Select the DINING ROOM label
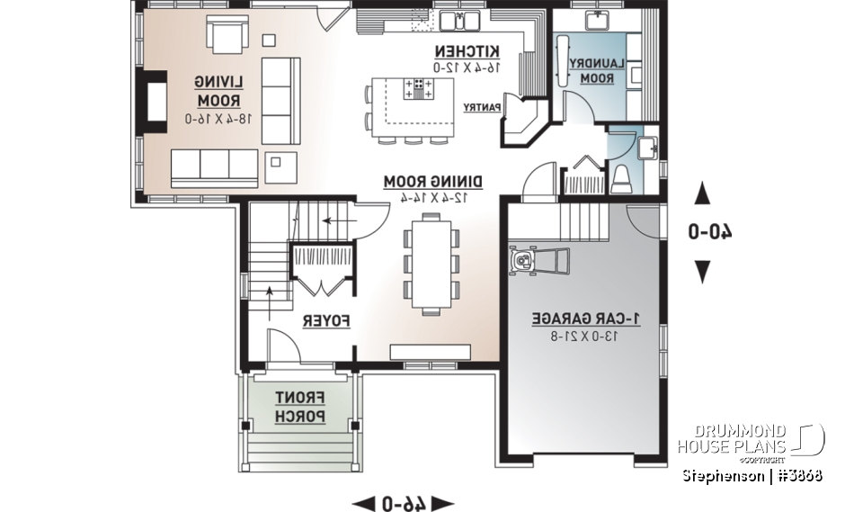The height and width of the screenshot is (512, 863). coord(433,182)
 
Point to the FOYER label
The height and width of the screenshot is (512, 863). coord(325,321)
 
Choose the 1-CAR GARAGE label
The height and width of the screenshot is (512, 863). coord(586,319)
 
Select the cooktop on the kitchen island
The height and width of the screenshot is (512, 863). coord(420,88)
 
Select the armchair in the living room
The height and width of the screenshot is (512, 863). coord(229,35)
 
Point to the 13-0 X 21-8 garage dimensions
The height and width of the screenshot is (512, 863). coord(586,337)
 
